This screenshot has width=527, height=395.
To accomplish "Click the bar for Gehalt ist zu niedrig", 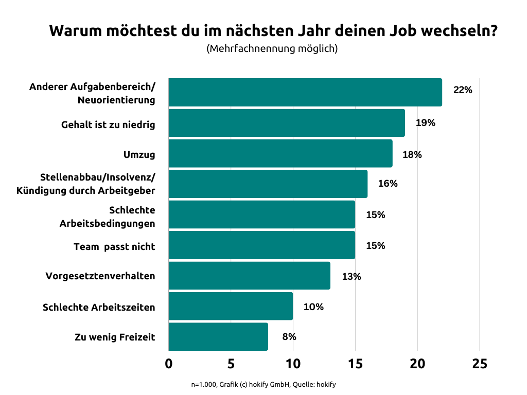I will click(287, 123).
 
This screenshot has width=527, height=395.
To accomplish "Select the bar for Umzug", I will click(280, 153).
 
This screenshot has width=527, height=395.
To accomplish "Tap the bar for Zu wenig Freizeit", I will click(218, 337).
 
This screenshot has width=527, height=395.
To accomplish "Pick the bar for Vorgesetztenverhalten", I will click(249, 276).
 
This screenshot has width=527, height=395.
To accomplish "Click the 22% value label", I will click(462, 90).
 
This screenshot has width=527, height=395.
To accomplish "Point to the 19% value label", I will click(426, 123).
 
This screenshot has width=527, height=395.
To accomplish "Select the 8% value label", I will click(289, 337).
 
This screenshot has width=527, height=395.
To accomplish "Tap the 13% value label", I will click(351, 277).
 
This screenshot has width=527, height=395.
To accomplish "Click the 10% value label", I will click(313, 307).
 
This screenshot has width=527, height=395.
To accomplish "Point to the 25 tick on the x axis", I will click(479, 364).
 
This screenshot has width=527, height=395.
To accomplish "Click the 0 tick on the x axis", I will click(169, 364).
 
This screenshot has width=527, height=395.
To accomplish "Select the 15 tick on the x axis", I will click(355, 364).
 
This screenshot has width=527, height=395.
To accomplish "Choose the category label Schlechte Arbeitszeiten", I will click(99, 308).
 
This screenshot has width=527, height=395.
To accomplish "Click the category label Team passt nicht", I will click(114, 246).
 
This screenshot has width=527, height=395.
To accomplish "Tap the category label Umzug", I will click(139, 154).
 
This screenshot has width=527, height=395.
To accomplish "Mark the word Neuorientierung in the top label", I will click(116, 100).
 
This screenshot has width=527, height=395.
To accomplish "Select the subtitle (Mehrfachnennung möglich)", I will click(272, 49).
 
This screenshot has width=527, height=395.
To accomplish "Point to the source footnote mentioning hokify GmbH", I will click(263, 384).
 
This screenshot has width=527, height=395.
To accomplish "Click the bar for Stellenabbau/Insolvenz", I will click(268, 184).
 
